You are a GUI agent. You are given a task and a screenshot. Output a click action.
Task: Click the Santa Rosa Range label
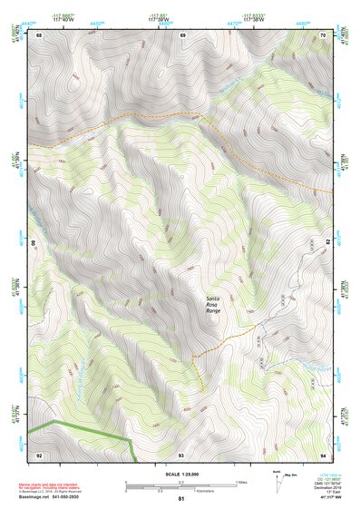pyautogui.click(x=213, y=305)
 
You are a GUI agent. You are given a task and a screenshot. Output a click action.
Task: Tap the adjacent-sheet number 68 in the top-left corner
pyautogui.click(x=39, y=34)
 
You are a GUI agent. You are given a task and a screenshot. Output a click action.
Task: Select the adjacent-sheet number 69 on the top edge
pyautogui.click(x=182, y=34)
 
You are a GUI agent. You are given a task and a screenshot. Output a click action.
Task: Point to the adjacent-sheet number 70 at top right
pyautogui.click(x=323, y=34)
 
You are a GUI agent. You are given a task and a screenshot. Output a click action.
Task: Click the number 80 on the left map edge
pyautogui.click(x=35, y=244)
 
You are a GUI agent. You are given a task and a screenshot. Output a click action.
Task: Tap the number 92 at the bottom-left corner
pyautogui.click(x=39, y=454)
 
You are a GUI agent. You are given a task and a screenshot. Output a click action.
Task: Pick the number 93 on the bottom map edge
pyautogui.click(x=181, y=454)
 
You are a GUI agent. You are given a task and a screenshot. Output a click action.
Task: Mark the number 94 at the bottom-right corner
pyautogui.click(x=323, y=454)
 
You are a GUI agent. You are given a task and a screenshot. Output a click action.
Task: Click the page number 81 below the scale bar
pyautogui.click(x=181, y=499)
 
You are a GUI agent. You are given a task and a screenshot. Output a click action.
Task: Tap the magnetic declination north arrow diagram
pyautogui.click(x=277, y=480)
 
